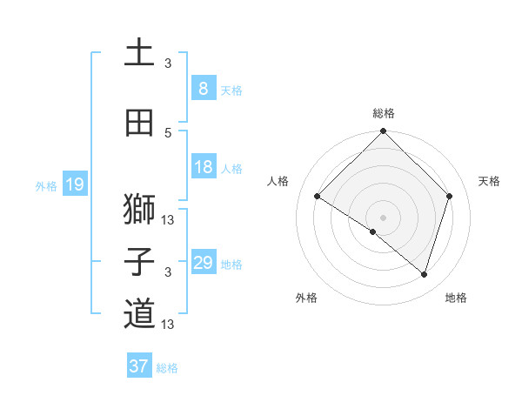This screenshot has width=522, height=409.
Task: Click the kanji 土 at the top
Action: coord(139,53)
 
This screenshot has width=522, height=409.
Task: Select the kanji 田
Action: coord(139,123)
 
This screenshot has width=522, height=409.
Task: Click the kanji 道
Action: coord(139,314)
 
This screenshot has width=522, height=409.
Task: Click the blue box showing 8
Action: coord(203,89)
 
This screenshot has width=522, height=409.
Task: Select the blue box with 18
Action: coord(203,167)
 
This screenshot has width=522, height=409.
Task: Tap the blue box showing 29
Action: coord(203,263)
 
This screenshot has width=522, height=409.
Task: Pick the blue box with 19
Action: coord(74,184)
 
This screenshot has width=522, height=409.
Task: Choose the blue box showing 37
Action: coord(139,366)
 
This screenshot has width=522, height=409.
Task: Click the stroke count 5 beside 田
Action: coord(168,132)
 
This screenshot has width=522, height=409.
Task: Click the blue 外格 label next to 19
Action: coord(45,185)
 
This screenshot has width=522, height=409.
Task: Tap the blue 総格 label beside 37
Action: coord(167,367)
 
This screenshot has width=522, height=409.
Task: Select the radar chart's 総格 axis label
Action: coord(383,113)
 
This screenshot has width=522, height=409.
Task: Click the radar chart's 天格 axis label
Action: coord(489,181)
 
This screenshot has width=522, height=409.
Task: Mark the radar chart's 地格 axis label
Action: coord(456,298)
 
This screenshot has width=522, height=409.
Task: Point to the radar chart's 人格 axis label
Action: coord(278,181)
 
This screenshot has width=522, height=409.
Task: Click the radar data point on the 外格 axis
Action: coord(373,231)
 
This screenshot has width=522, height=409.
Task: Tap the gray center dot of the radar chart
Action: coord(383,217)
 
